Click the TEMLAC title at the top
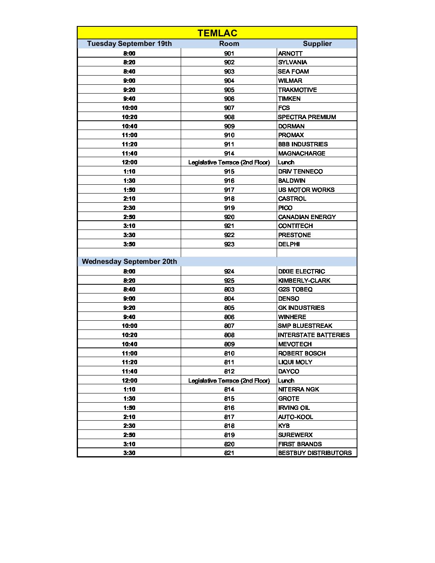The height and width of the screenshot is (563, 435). tap(217, 33)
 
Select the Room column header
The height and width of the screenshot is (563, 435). tap(229, 44)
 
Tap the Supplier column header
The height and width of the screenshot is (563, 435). tap(317, 44)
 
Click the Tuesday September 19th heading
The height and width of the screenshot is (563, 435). tap(129, 44)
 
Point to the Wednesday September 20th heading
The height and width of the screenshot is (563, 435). tap(129, 262)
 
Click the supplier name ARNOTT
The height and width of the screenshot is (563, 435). tap(290, 54)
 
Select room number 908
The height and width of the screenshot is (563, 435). tap(229, 117)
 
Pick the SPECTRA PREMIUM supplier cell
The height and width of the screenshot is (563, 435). tap(307, 117)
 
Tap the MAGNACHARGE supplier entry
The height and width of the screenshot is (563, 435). tap(301, 154)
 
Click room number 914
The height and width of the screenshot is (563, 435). tap(229, 154)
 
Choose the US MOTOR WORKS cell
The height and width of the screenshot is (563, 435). tap(306, 190)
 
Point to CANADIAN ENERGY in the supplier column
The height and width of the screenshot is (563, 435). tap(307, 217)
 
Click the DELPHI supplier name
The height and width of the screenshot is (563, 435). tap(289, 244)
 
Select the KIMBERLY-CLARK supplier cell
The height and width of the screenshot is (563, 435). tap(304, 281)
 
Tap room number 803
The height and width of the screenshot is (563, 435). tap(229, 289)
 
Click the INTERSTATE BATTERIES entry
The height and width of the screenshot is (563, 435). tap(314, 335)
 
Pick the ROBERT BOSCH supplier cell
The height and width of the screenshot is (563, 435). tap(302, 353)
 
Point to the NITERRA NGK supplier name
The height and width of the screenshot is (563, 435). tap(298, 389)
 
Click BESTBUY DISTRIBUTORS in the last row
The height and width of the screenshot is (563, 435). tap(315, 453)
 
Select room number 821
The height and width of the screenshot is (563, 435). tap(229, 453)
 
